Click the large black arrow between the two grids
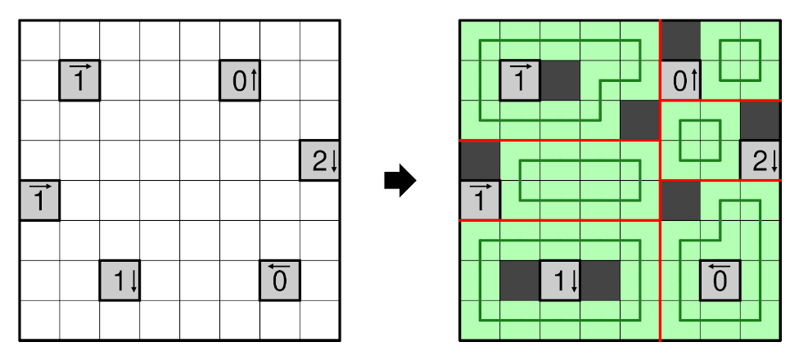tap(400, 181)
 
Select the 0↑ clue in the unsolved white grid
tap(240, 80)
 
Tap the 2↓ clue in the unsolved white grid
tap(320, 160)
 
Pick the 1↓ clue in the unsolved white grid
tap(120, 281)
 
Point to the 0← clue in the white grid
tap(280, 281)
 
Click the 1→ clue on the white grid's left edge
tap(39, 200)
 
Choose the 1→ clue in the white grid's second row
tap(79, 80)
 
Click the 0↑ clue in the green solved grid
tap(680, 80)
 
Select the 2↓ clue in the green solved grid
tap(761, 160)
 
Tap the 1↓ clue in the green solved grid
tap(560, 281)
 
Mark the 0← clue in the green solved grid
tap(720, 281)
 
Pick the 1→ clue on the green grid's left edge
tap(480, 200)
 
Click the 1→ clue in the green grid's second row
tap(520, 80)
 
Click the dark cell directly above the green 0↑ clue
tap(680, 40)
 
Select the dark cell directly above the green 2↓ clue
tap(761, 120)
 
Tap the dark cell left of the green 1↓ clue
tap(520, 281)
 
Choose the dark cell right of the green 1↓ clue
tap(600, 281)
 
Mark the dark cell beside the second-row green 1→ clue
tap(560, 80)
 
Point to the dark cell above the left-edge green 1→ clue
tap(480, 160)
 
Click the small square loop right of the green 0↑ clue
tap(740, 60)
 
